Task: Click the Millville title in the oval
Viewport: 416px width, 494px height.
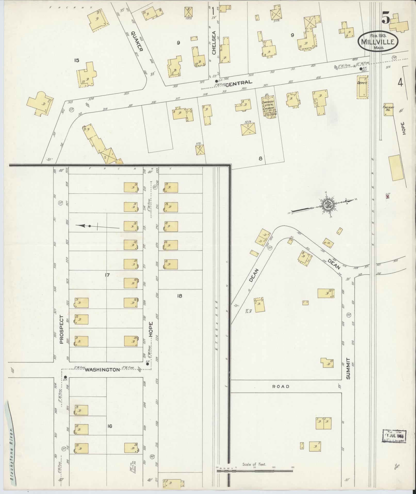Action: [x=378, y=42]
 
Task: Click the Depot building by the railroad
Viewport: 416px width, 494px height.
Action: [x=362, y=87]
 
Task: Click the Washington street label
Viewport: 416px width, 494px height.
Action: [x=102, y=370]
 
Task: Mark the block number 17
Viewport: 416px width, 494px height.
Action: [x=107, y=275]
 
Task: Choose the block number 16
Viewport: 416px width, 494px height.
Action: [x=110, y=426]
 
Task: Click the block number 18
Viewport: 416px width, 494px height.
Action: [x=180, y=296]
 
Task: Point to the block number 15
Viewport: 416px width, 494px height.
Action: [x=76, y=60]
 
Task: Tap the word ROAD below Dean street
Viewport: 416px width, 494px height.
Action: [x=281, y=386]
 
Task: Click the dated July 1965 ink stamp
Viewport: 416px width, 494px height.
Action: [x=394, y=437]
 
